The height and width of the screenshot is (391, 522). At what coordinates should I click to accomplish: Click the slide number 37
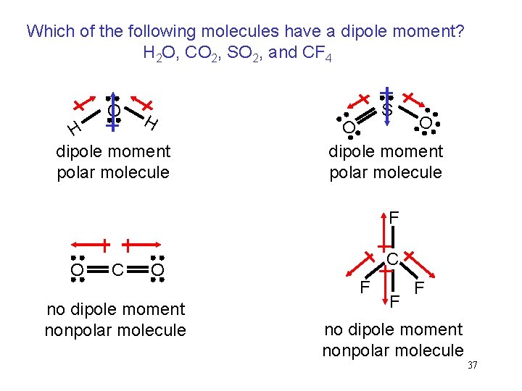point(472,365)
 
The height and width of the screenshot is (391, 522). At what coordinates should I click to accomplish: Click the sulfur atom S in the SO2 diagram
point(387,111)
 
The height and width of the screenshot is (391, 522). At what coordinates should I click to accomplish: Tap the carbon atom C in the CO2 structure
point(117,271)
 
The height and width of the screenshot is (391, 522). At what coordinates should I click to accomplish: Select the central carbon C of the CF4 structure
point(391,258)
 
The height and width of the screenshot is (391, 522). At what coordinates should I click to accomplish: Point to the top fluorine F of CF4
point(393,216)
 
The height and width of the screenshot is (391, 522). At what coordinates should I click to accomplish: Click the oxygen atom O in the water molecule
point(113,111)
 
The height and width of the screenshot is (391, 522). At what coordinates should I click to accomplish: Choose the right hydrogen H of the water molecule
point(151,123)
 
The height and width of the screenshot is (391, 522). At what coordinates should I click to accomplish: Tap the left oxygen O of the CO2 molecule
point(76,271)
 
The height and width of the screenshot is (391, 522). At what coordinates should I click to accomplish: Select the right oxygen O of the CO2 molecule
point(158,271)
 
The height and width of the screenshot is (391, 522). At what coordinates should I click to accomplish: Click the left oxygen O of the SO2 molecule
point(349,128)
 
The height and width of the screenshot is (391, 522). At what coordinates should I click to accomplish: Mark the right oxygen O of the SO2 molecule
point(426,125)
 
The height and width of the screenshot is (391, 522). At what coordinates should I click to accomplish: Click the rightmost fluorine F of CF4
point(419,288)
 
